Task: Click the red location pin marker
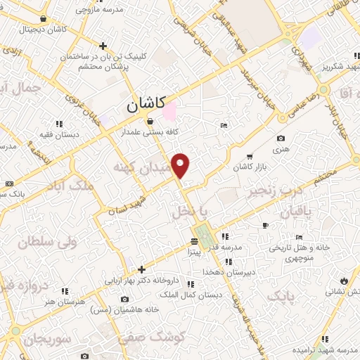coord(181,165)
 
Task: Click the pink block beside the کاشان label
coord(169,110)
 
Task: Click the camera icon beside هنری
coord(281,139)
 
